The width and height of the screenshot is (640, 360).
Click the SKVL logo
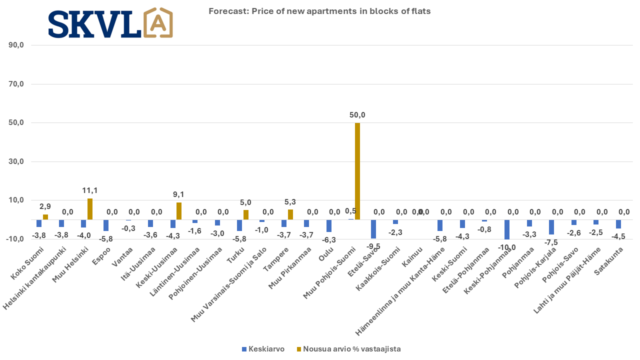(110, 23)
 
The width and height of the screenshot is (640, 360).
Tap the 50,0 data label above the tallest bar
(357, 115)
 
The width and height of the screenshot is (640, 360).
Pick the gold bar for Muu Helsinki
(90, 209)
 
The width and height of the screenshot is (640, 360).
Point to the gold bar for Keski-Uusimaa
(179, 211)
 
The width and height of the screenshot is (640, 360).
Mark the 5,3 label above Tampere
(290, 202)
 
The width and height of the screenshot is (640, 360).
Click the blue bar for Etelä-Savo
(373, 229)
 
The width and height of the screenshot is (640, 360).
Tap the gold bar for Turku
(246, 214)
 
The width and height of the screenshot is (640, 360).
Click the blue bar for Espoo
(106, 225)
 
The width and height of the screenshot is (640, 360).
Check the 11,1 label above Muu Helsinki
(89, 190)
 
